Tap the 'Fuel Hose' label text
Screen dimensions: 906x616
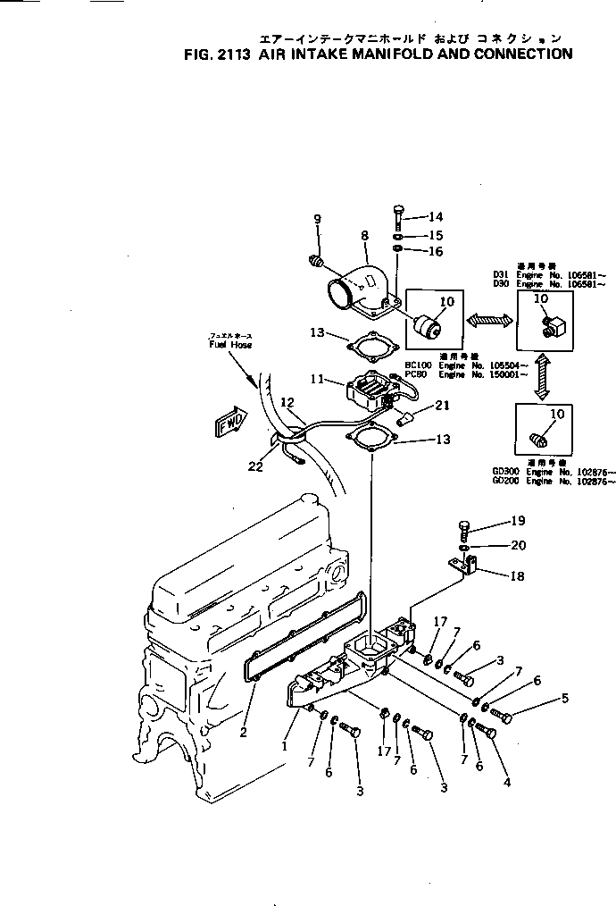[230, 344]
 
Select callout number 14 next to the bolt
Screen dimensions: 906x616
[435, 217]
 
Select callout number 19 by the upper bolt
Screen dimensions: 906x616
[517, 521]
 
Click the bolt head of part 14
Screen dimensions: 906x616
[399, 210]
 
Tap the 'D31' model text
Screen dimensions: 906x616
[500, 275]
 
